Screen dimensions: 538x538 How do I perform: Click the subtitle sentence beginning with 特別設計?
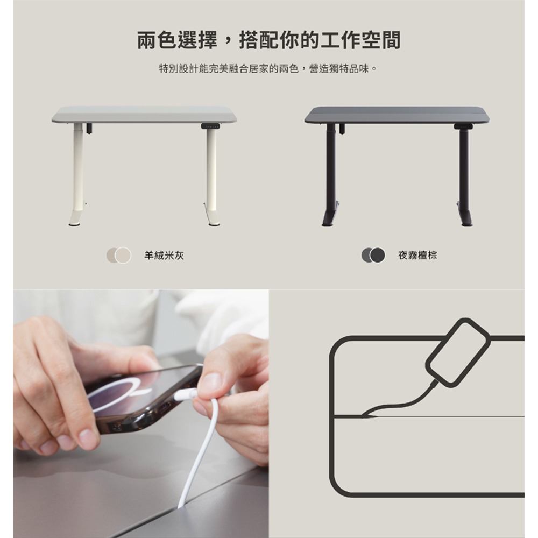(x=268, y=69)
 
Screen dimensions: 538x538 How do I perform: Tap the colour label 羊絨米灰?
(x=164, y=255)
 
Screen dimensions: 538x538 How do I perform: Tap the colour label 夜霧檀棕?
(x=417, y=255)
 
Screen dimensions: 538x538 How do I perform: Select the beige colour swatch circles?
(x=119, y=255)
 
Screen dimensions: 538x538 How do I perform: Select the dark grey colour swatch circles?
(x=373, y=255)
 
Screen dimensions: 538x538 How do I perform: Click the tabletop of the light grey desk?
(x=144, y=114)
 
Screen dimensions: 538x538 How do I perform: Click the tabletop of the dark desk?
(x=397, y=114)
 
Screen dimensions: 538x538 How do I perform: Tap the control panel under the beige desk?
(x=210, y=126)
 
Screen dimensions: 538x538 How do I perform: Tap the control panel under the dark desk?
(x=462, y=126)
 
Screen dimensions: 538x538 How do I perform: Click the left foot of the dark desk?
(x=329, y=218)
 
